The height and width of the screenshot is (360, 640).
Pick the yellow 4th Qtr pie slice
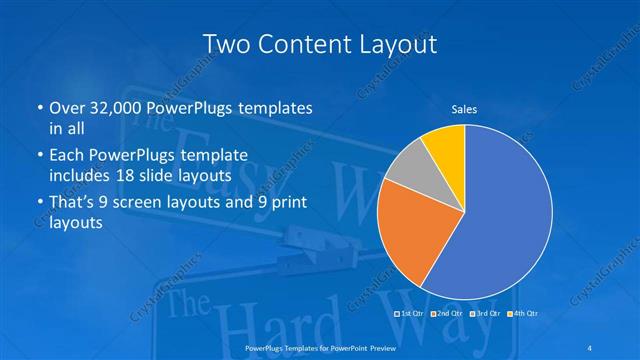445,148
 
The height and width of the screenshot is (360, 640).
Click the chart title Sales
463,108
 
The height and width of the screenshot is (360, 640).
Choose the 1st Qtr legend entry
413,314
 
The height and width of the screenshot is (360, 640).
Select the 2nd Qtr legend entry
447,314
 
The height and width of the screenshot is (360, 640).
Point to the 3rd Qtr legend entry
485,314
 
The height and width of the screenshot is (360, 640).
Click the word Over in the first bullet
65,107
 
